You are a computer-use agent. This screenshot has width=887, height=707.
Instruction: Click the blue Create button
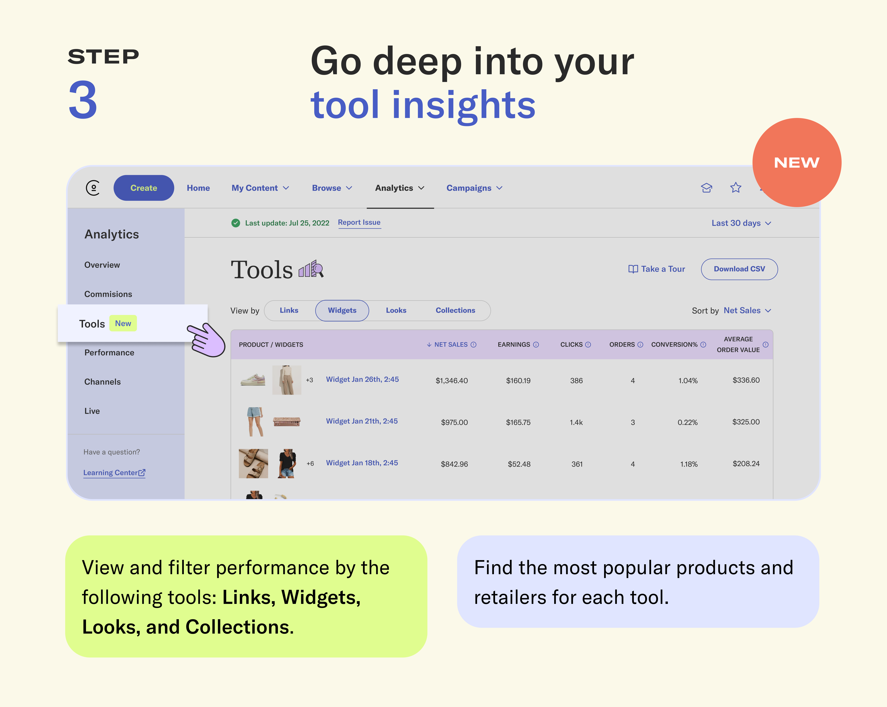(144, 188)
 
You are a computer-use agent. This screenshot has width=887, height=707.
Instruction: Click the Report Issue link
(359, 223)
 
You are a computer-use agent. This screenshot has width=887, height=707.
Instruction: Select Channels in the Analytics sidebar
(102, 382)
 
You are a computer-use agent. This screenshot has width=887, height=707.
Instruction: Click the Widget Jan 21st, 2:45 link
(362, 421)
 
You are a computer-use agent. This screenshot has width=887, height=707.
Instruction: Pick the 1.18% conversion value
(689, 464)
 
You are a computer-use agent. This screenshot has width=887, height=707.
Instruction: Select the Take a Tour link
(657, 269)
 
